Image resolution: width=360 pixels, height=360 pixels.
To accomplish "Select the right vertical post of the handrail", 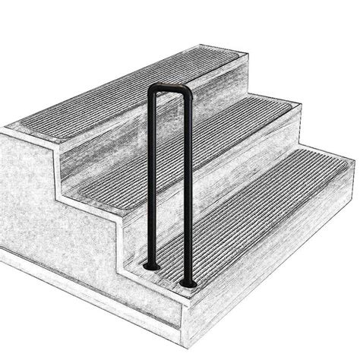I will tap(184, 190).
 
